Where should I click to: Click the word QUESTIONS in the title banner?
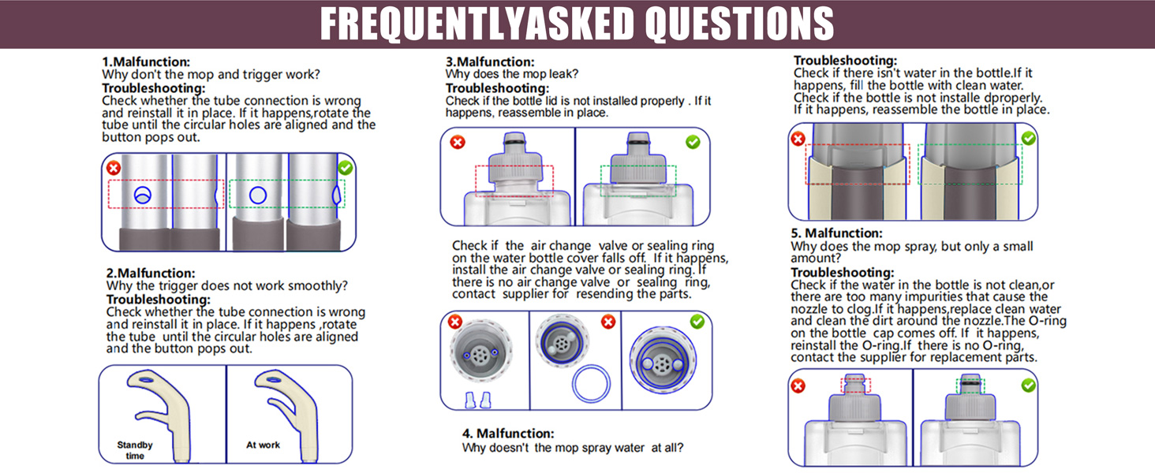pos(739,24)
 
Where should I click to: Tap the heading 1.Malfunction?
pos(146,61)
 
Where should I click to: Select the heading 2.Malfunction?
pos(151,273)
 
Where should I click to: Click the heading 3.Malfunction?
pos(490,61)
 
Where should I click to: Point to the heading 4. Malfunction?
pos(508,434)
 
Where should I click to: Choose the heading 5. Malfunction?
pos(836,233)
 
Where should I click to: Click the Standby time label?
pos(135,450)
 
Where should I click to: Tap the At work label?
pos(263,445)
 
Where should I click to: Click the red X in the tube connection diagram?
pos(114,168)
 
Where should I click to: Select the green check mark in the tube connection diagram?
pos(346,168)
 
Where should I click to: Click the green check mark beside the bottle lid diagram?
pos(693,142)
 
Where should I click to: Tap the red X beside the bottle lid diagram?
pos(458,142)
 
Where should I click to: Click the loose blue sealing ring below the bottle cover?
pos(591,384)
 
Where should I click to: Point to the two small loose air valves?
pos(478,400)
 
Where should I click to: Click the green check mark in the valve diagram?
pos(697,322)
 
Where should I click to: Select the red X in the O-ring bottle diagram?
pos(798,386)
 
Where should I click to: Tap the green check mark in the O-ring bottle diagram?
pos(1028,385)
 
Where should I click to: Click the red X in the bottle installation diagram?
pos(798,139)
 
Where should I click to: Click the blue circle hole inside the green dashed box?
pos(258,196)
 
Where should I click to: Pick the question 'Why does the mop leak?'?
pos(512,74)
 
